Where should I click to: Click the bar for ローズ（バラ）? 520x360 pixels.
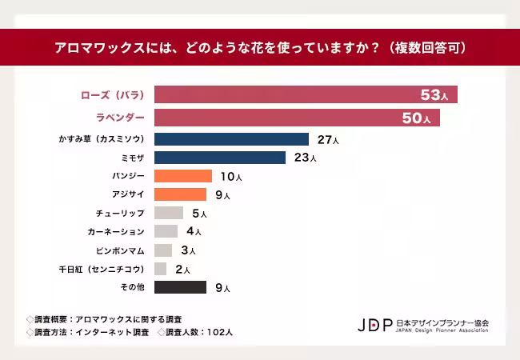(305, 95)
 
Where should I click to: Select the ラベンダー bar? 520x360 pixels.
(296, 118)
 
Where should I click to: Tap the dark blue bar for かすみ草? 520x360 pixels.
(231, 139)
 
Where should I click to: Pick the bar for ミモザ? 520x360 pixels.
(220, 158)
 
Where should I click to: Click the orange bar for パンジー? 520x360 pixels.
(183, 176)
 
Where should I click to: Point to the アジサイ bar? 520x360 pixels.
(180, 194)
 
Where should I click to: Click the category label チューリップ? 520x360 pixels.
(120, 214)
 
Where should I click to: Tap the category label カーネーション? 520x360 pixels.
(116, 232)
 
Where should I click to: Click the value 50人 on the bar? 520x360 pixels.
(418, 118)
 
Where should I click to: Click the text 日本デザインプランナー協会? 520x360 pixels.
(442, 322)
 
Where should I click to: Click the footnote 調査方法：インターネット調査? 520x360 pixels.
(88, 331)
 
